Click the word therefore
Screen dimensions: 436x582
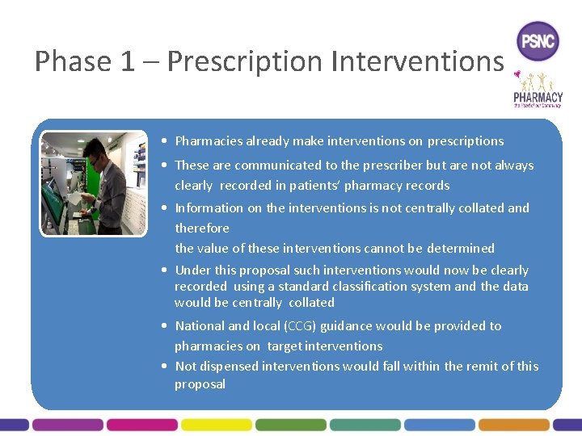202,228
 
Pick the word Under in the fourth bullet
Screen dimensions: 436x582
192,270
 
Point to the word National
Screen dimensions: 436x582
200,326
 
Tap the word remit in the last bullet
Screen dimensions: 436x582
482,367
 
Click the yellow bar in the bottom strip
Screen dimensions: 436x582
216,424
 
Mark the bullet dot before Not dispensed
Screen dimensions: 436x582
165,367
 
